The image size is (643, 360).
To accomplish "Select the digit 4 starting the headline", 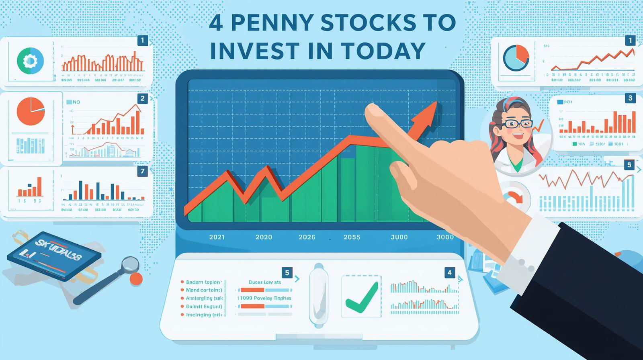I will pos(216,23).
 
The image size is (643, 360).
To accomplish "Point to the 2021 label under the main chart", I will pos(217,237).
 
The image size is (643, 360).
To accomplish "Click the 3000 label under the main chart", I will pos(445,237).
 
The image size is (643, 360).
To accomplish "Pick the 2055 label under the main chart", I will pos(352,237).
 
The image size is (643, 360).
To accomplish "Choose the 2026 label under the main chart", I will pos(307,237).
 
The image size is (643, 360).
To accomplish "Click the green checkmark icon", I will pos(361,297).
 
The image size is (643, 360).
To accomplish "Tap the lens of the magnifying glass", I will pos(130,264).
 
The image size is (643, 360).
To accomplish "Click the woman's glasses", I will pos(518,124).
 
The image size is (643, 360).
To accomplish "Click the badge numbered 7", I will pos(142,171).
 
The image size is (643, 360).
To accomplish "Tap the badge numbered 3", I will pos(630,98).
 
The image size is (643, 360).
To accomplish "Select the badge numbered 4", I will pos(449,272).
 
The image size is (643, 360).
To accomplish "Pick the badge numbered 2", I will pos(142,98).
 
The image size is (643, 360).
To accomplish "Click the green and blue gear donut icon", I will pos(30,61).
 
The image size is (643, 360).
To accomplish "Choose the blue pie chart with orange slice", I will pos(516,58).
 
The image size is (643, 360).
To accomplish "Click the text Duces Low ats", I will pos(265,282).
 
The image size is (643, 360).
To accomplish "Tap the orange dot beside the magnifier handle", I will pos(137,279).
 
